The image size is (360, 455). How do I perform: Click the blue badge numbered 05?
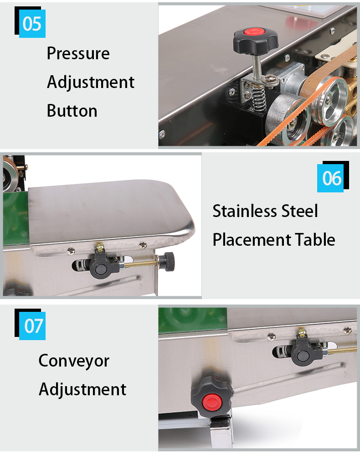[32, 24]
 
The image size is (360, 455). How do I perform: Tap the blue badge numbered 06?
[330, 178]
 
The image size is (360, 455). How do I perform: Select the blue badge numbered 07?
[32, 326]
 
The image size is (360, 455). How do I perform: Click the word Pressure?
[78, 53]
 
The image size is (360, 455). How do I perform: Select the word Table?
[315, 239]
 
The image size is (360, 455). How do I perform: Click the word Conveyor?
[74, 361]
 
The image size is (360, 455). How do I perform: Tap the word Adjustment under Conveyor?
[82, 389]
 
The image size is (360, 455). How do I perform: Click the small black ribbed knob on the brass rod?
[168, 261]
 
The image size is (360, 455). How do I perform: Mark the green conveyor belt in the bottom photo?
[193, 321]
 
